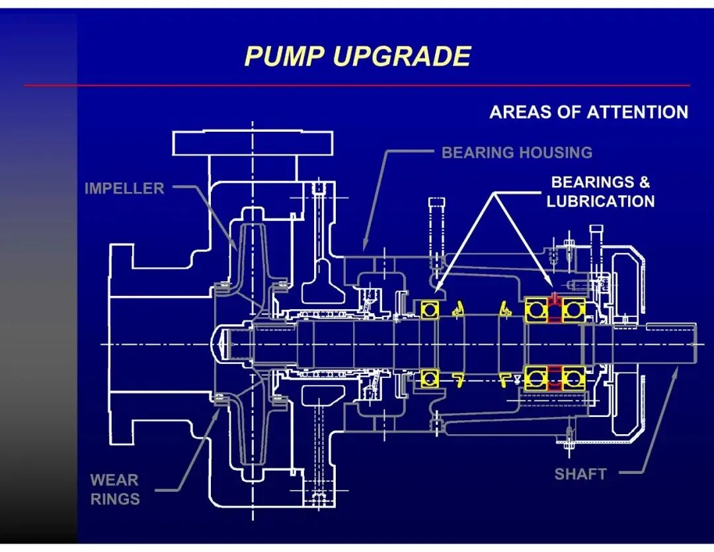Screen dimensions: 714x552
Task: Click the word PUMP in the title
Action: (284, 56)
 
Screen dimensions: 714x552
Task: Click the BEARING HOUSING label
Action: (516, 153)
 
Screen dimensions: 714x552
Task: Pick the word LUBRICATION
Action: (600, 201)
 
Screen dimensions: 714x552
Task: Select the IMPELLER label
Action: (124, 189)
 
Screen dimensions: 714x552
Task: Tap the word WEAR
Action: (114, 479)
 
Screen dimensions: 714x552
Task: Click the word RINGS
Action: (115, 498)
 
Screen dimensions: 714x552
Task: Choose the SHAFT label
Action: (580, 474)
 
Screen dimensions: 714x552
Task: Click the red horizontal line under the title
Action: (357, 85)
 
